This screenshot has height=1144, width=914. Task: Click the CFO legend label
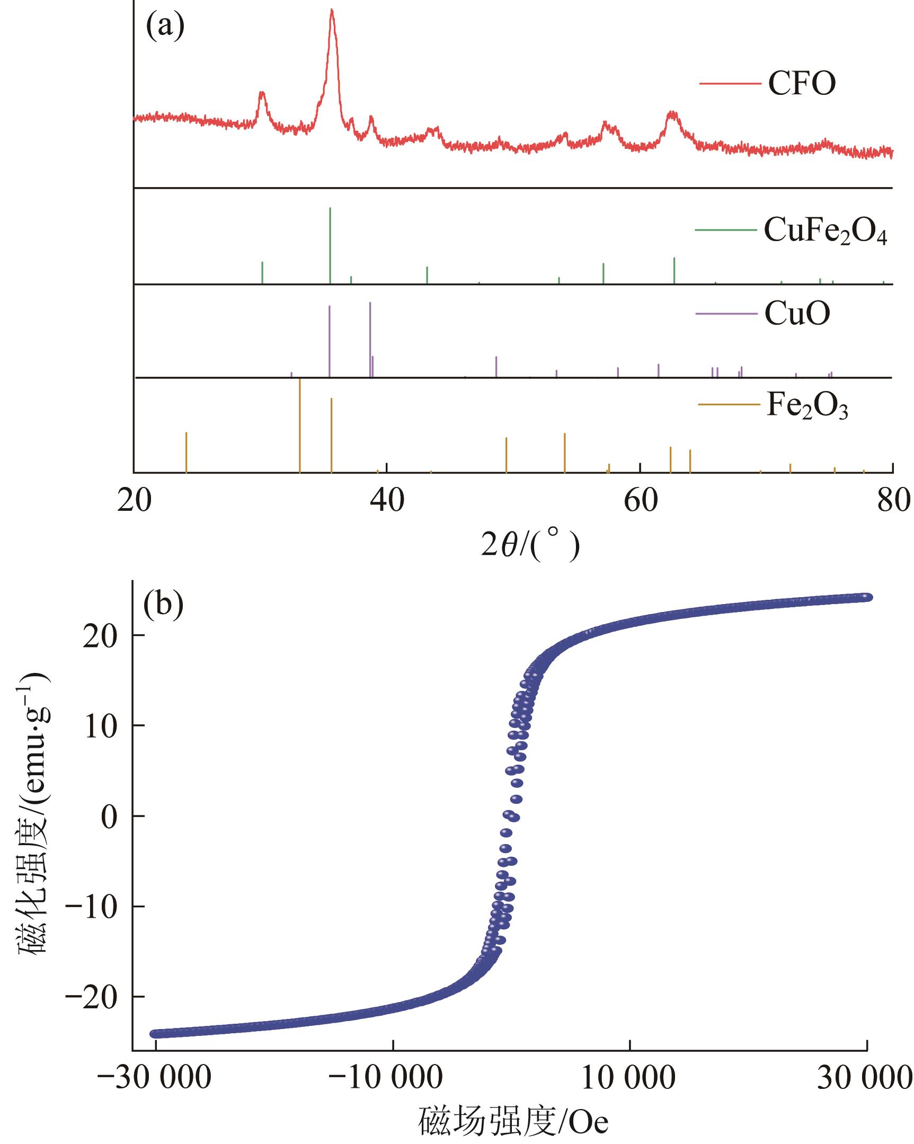[x=802, y=83]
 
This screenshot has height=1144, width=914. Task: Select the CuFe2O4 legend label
[x=825, y=230]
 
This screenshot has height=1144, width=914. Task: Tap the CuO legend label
[x=797, y=314]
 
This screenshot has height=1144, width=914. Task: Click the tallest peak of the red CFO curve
[x=332, y=11]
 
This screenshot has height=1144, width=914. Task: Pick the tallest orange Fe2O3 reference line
[x=300, y=424]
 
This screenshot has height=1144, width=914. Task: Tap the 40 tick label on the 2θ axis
[x=387, y=501]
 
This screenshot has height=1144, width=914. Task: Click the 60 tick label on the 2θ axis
[x=641, y=501]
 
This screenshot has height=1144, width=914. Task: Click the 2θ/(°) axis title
[x=530, y=544]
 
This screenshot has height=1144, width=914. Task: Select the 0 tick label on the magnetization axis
[x=109, y=817]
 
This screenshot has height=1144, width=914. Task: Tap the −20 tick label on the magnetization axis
[x=91, y=998]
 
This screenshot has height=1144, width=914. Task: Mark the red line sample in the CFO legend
[x=730, y=83]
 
